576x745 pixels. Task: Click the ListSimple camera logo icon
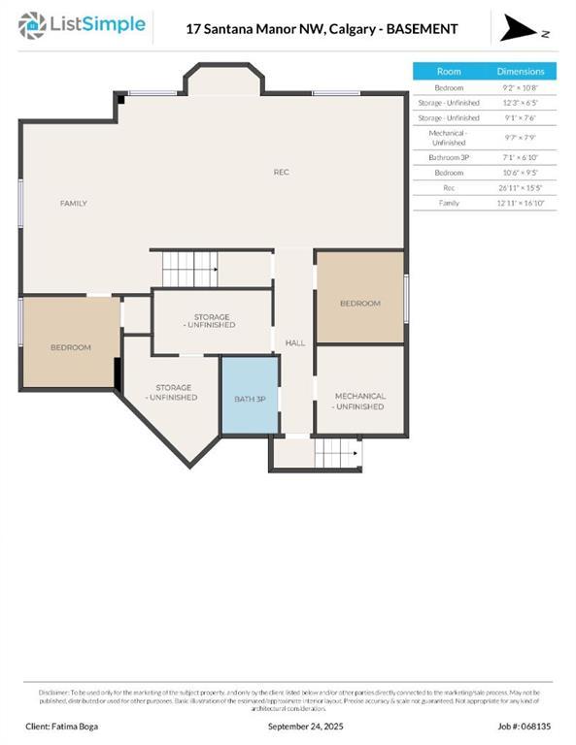[x=32, y=24]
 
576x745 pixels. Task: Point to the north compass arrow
[x=520, y=30]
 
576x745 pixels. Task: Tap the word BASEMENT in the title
[x=423, y=29]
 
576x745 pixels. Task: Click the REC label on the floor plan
[x=281, y=173]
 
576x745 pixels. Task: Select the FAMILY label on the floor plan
[x=74, y=204]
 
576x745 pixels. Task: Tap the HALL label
[x=295, y=343]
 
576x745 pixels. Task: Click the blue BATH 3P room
[x=250, y=396]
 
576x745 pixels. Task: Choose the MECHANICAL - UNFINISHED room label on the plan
[x=360, y=401]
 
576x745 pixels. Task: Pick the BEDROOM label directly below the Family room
[x=71, y=347]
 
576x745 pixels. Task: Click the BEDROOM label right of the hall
[x=360, y=304]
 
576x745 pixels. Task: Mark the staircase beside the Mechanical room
[x=338, y=452]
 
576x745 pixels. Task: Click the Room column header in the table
[x=449, y=72]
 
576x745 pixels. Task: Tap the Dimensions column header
[x=521, y=72]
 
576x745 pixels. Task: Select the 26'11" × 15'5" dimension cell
[x=521, y=187]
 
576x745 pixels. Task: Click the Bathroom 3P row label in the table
[x=449, y=156]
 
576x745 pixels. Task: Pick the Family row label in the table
[x=449, y=203]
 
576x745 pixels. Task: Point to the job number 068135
[x=525, y=726]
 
